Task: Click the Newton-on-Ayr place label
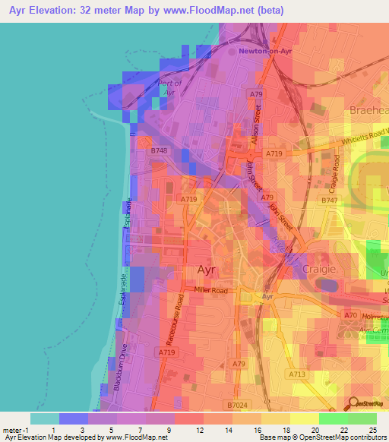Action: (264, 51)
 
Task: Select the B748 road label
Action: (158, 151)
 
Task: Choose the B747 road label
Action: (328, 200)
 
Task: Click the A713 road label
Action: (297, 374)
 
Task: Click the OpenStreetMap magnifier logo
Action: (354, 404)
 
